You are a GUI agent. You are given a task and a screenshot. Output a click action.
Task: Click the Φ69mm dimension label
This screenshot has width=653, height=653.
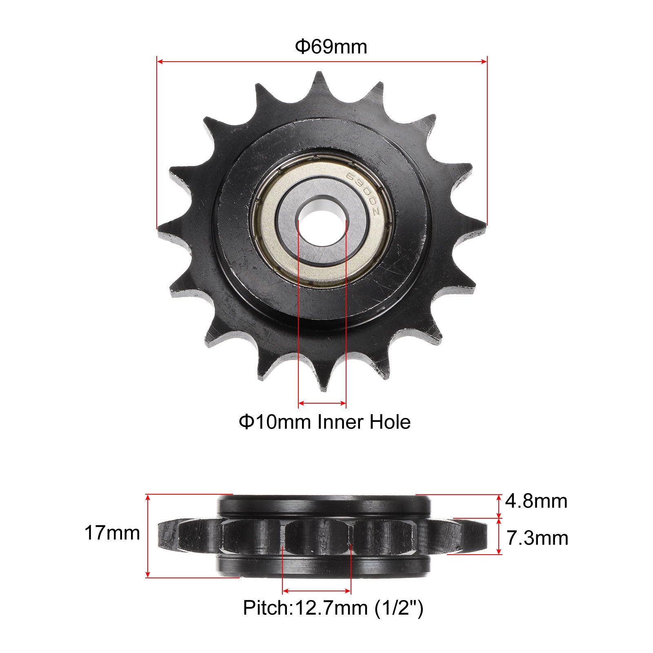pos(331,47)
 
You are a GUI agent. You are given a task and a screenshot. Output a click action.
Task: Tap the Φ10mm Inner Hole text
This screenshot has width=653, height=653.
pos(324,422)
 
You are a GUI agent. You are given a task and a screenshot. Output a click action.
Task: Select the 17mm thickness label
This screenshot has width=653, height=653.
pos(112,533)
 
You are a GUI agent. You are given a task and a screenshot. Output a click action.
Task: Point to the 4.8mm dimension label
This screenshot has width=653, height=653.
pos(536,501)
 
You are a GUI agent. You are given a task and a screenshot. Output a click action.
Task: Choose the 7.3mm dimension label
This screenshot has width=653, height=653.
pos(537,538)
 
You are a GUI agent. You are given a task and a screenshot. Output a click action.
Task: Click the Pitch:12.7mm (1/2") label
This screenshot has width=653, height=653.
pos(333,608)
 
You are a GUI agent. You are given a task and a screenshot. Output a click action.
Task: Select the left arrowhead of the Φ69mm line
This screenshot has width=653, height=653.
pos(160,62)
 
